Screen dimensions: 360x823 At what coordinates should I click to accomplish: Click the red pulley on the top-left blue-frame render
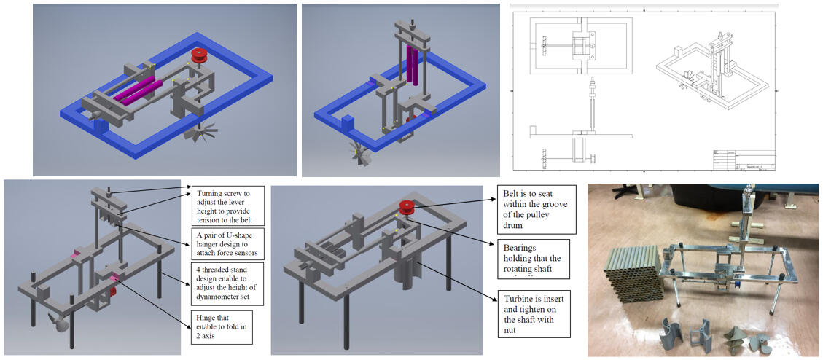point(198,55)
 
